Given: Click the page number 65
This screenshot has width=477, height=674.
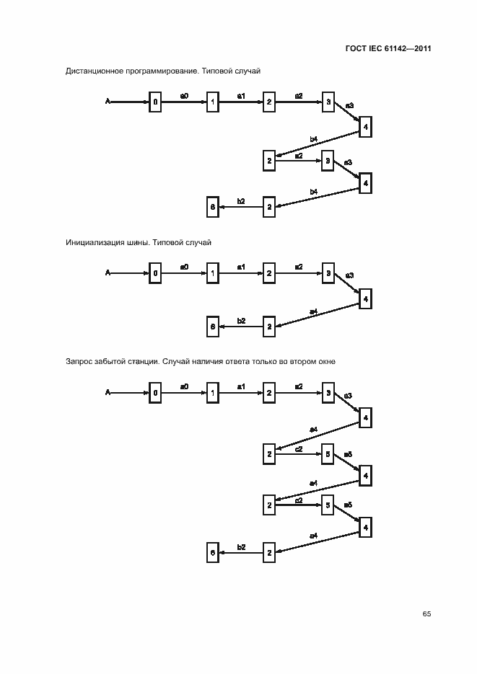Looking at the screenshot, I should click(x=426, y=613).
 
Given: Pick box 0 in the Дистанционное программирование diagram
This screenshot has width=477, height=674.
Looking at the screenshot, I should click(x=155, y=102).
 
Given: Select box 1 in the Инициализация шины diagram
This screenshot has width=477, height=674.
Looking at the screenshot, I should click(x=212, y=273).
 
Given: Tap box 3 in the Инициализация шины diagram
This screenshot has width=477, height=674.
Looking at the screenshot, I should click(x=328, y=273).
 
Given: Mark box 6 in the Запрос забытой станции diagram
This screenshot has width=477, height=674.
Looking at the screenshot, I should click(x=212, y=552).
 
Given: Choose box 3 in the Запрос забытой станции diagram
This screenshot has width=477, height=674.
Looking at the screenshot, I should click(x=328, y=393).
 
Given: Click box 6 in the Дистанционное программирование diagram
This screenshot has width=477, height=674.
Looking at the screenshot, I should click(x=212, y=207).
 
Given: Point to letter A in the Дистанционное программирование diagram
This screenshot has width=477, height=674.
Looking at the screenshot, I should click(x=108, y=102).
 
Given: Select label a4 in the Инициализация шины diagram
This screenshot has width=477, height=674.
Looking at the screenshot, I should click(x=313, y=311).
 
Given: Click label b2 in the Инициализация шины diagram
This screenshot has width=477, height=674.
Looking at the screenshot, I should click(x=242, y=321).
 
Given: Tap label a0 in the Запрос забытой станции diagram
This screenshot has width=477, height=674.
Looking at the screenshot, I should click(x=184, y=386).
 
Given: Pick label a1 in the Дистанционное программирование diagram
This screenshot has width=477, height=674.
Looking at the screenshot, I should click(x=242, y=96).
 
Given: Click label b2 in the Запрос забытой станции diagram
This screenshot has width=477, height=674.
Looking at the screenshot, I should click(x=242, y=546).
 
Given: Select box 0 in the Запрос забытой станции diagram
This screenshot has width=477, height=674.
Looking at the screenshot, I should click(x=155, y=393).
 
